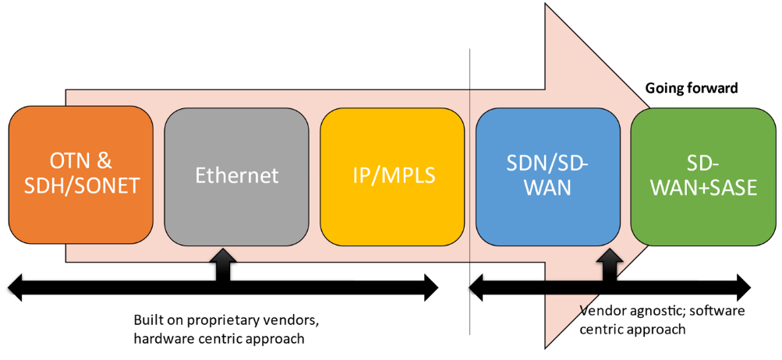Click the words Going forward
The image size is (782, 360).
[691, 89]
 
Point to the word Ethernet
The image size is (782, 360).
[237, 175]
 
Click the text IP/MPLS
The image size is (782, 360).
[393, 175]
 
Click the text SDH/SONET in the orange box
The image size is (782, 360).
[81, 187]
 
